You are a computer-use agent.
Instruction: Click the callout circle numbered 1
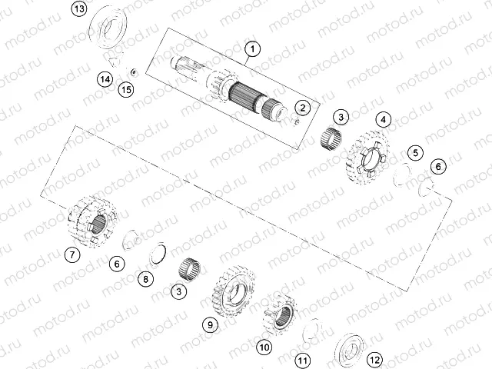coord(249,52)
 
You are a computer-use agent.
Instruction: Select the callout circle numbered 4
coord(382,119)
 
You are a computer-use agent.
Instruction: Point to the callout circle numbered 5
coord(415,153)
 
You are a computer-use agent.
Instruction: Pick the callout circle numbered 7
coord(71,254)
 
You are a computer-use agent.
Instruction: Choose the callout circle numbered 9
coord(208,324)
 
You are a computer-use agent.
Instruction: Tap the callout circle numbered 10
coord(264,347)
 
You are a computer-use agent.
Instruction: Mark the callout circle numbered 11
coord(303,360)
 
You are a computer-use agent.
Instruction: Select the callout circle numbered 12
coord(374,358)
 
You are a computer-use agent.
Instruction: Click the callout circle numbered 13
coord(80,9)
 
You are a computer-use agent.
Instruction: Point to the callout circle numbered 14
coord(105,78)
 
